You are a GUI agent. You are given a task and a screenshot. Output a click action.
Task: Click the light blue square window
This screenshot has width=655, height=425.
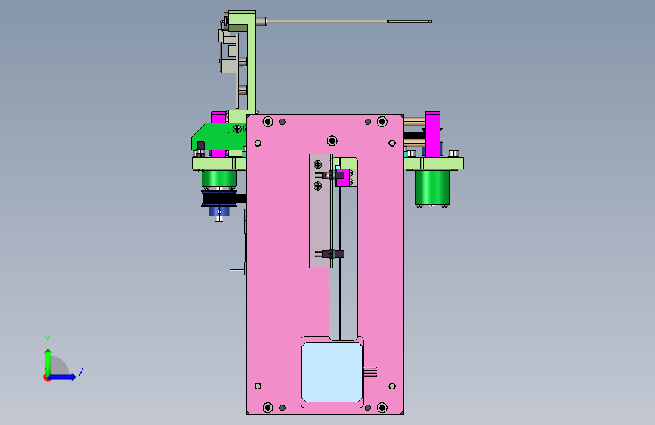(x=332, y=372)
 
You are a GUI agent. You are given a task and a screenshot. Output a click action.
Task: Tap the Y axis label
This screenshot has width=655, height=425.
(x=48, y=340)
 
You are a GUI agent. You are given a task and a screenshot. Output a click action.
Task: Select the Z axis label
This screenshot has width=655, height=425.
(x=81, y=372)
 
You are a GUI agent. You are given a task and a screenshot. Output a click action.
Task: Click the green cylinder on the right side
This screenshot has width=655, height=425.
(x=432, y=188)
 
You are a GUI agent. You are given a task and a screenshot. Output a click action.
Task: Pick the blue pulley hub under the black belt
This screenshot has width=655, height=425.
(x=219, y=211)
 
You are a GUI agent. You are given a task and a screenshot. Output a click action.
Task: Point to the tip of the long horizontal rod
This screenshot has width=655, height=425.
(x=431, y=21)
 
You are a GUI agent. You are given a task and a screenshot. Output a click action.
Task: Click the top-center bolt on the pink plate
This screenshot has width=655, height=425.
(x=332, y=141)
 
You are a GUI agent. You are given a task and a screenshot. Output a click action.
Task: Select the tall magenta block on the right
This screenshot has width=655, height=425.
(x=433, y=135)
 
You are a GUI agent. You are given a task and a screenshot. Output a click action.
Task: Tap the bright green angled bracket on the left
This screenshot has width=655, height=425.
(x=218, y=136)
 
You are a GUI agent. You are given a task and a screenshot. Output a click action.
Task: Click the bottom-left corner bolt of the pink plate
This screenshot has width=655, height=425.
(x=267, y=408)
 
